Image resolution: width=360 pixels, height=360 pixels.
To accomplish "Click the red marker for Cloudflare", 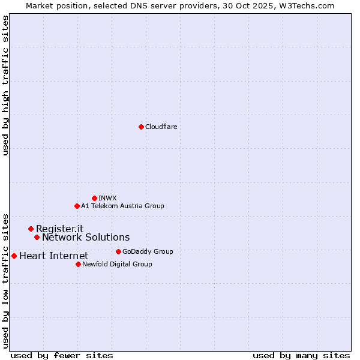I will (x=141, y=127).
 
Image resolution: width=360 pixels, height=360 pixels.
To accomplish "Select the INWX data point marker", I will (x=94, y=198).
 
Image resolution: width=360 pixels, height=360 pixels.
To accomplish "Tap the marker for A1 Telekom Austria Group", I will (x=77, y=206).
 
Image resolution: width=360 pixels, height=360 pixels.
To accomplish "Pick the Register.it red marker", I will (x=31, y=229).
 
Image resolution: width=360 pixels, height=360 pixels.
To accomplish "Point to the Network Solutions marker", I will (x=37, y=237).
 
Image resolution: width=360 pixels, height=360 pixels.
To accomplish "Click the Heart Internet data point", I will (x=14, y=256).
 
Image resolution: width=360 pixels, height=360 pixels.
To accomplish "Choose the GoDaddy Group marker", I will (x=118, y=251).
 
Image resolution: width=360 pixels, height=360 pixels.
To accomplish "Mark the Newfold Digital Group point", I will (x=78, y=264).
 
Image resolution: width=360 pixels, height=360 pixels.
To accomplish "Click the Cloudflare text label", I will (x=161, y=127).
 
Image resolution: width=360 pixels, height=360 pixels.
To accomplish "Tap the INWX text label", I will (x=107, y=198).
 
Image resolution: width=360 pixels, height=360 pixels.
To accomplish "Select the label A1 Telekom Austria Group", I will (x=122, y=206).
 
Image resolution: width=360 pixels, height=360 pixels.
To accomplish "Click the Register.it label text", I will (x=59, y=229).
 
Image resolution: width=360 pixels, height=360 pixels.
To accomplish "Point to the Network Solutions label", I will (x=86, y=237).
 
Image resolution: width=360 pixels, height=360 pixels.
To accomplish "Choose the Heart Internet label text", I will (x=53, y=256).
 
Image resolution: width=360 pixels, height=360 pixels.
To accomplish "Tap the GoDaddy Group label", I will (x=148, y=251).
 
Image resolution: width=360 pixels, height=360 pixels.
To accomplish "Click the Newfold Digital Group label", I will (x=117, y=264).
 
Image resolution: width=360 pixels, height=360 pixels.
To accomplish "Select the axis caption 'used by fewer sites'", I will (x=62, y=355).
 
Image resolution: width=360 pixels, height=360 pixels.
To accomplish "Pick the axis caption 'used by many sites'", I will (x=301, y=355).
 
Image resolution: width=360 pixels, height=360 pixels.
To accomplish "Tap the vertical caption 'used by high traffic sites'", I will (x=5, y=85).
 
